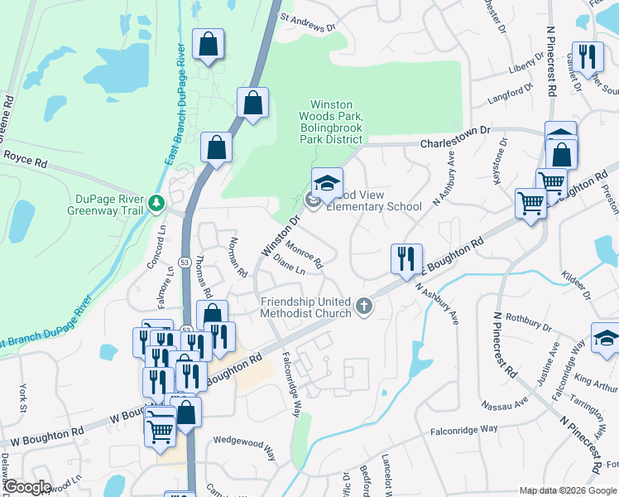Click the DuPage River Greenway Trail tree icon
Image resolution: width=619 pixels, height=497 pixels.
tap(156, 202)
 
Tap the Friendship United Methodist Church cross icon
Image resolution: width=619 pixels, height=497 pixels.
tap(362, 308)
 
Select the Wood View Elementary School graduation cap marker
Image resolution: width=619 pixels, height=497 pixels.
tap(327, 184)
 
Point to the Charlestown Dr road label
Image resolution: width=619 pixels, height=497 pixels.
tap(455, 137)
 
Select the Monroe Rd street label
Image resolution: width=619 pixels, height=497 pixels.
tap(303, 253)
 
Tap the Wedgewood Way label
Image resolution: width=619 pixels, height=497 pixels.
tap(245, 448)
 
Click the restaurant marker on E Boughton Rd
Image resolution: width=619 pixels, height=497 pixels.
tap(406, 259)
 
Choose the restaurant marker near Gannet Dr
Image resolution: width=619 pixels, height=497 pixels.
tap(588, 57)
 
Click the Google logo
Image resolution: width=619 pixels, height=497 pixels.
tap(27, 487)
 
